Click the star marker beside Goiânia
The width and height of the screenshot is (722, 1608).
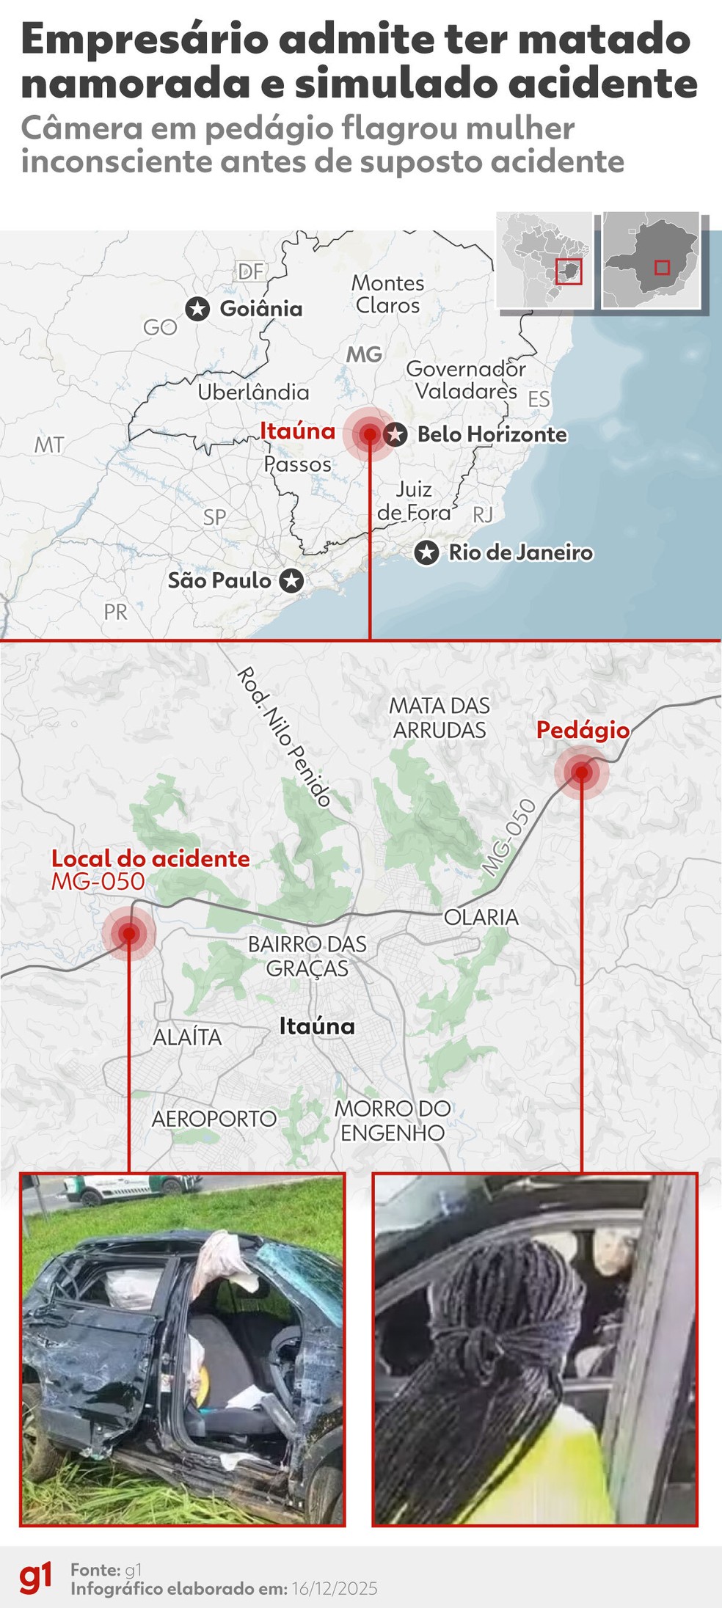[x=197, y=309]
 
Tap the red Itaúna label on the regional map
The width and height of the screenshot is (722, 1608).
[x=297, y=431]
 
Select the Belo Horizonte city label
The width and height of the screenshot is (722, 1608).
[x=492, y=434]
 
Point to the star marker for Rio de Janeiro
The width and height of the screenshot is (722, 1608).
[x=426, y=552]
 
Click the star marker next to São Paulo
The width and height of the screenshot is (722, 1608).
[x=292, y=581]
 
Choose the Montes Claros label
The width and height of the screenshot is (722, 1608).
[x=387, y=293]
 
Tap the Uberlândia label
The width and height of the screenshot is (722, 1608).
[x=253, y=392]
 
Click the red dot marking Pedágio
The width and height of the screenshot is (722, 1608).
[x=581, y=772]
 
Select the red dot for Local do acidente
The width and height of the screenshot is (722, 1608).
[x=129, y=933]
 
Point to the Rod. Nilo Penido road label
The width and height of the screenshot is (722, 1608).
[x=285, y=737]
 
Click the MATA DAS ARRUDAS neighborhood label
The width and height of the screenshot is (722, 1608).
[x=440, y=717]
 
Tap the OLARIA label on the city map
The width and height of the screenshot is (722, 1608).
[x=481, y=917]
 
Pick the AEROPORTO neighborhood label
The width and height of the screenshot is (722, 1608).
[x=214, y=1118]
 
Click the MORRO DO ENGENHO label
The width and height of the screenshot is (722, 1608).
[x=393, y=1120]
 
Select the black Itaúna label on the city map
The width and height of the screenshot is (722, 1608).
[x=317, y=1026]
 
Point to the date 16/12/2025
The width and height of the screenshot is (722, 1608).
[x=335, y=1588]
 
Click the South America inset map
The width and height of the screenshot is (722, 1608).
[x=544, y=259]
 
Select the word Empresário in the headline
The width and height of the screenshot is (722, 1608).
[x=145, y=40]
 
